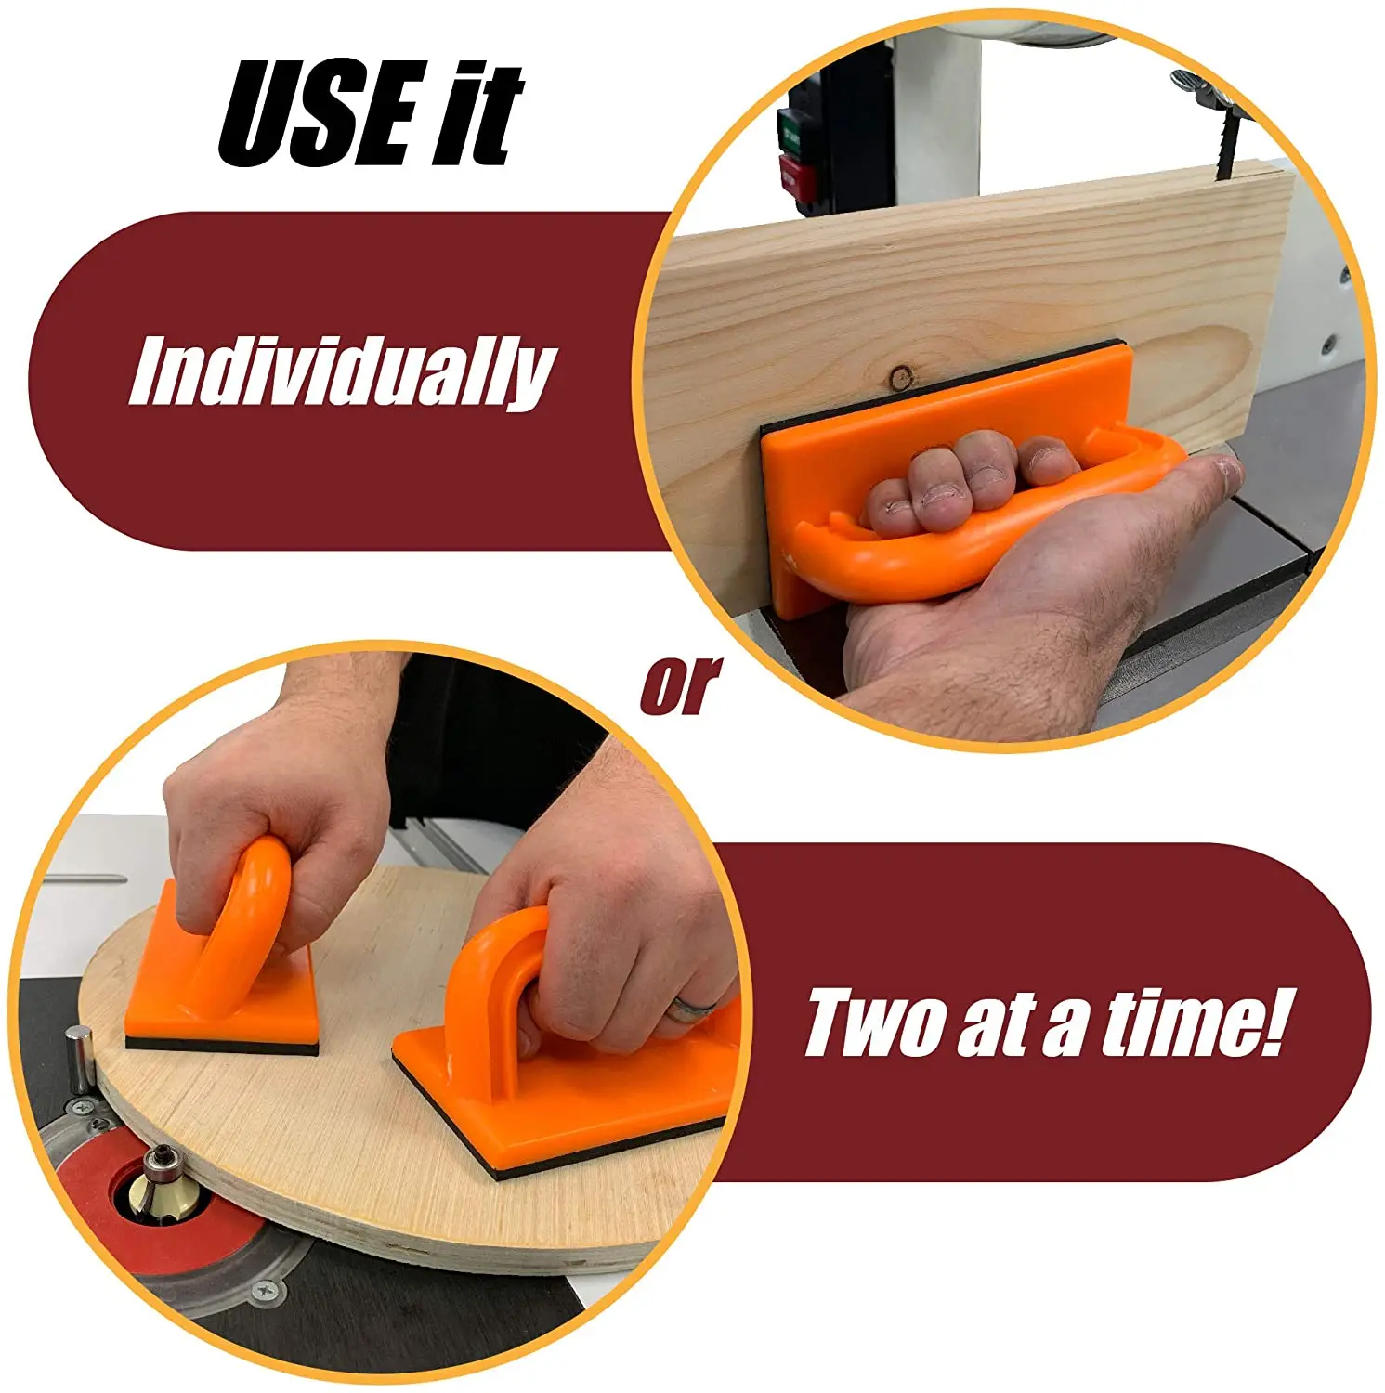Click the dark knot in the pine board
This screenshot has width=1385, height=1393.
coord(900,377)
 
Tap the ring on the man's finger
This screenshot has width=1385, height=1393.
coord(694,1008)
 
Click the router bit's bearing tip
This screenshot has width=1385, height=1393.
coord(149,1157)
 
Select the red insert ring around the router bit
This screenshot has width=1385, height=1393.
coord(102,1226)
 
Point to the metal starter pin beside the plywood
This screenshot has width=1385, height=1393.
coord(82,1054)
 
